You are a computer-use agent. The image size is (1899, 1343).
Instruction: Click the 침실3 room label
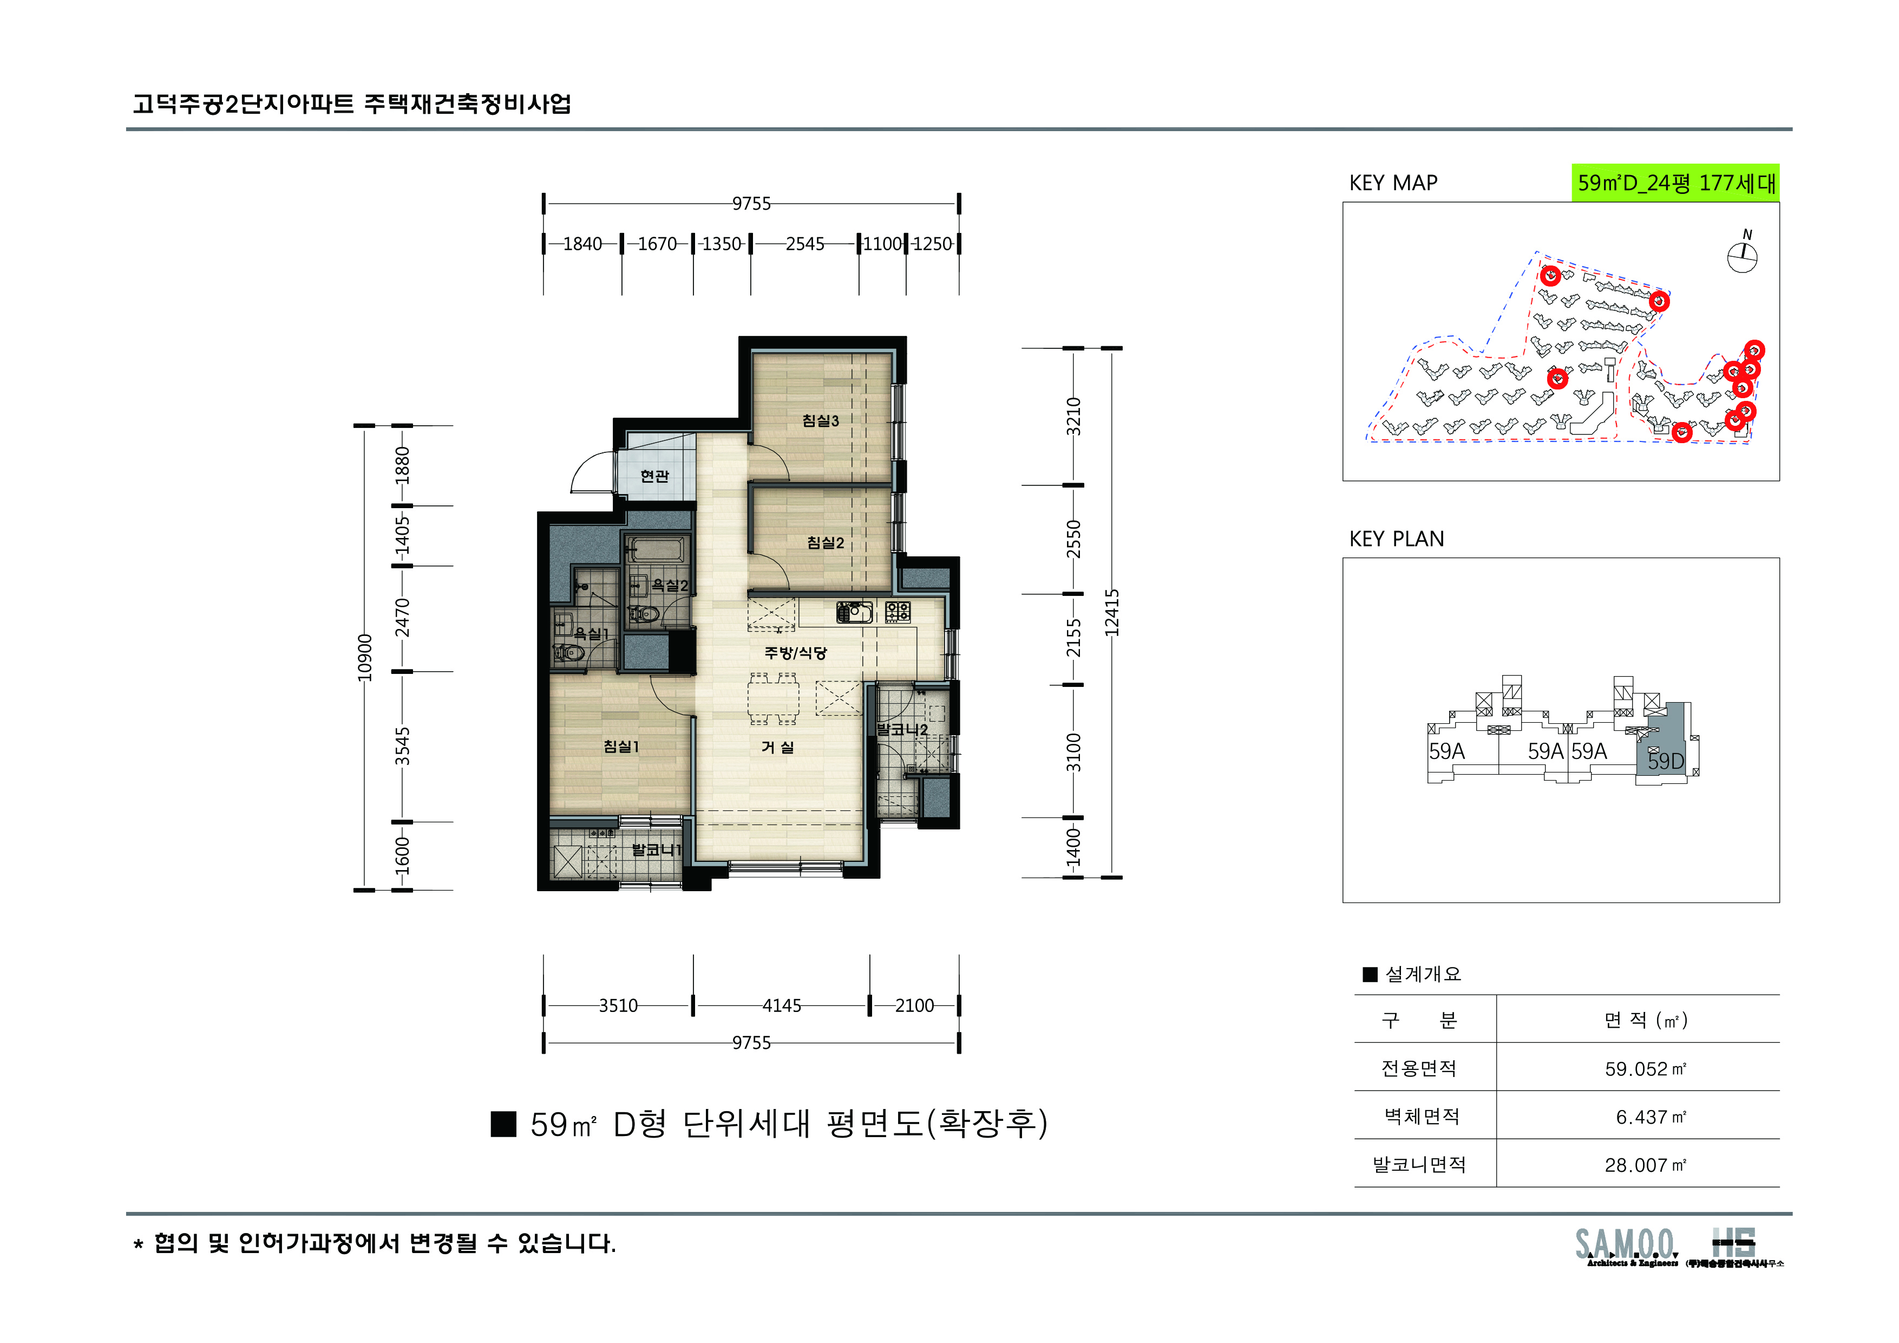821,420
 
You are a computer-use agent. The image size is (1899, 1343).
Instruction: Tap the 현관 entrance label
654,476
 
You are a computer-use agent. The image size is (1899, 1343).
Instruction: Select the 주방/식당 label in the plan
795,653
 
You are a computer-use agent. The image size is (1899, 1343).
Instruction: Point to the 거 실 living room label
777,747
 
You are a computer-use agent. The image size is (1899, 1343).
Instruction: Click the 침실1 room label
621,747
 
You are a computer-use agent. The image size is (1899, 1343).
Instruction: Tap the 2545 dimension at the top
805,244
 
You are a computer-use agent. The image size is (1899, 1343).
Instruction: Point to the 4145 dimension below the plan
782,1005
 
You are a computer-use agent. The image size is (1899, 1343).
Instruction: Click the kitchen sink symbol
854,612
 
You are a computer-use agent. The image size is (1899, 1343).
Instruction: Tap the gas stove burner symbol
898,612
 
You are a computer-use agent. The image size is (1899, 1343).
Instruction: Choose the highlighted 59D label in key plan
1665,761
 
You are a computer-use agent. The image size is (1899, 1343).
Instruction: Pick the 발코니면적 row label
1419,1165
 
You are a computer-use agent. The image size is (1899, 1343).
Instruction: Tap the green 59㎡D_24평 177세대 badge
1675,183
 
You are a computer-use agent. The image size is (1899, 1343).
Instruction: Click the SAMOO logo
1625,1244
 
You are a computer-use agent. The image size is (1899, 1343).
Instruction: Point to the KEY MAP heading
1393,183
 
